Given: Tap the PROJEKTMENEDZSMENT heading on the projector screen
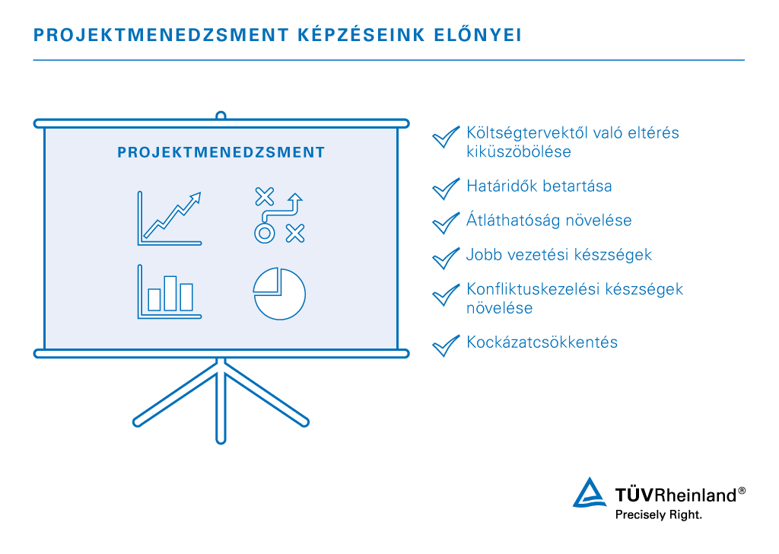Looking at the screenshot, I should (x=221, y=153).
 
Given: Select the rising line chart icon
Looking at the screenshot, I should (x=170, y=218).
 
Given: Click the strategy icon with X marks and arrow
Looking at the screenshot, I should (x=278, y=215).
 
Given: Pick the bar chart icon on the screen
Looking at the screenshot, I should (x=170, y=291).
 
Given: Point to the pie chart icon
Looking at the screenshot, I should (x=279, y=294).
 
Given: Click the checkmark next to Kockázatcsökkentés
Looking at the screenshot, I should (x=445, y=344).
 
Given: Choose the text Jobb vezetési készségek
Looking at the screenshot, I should (x=559, y=255).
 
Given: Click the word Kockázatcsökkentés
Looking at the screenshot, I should (x=542, y=342).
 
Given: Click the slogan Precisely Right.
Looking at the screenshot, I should (x=658, y=515).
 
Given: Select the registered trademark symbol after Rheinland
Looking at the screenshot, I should (x=742, y=491).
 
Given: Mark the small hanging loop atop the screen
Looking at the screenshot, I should (x=221, y=116).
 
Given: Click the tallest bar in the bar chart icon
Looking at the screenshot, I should (x=170, y=293).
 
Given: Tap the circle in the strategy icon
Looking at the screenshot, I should (x=263, y=233).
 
